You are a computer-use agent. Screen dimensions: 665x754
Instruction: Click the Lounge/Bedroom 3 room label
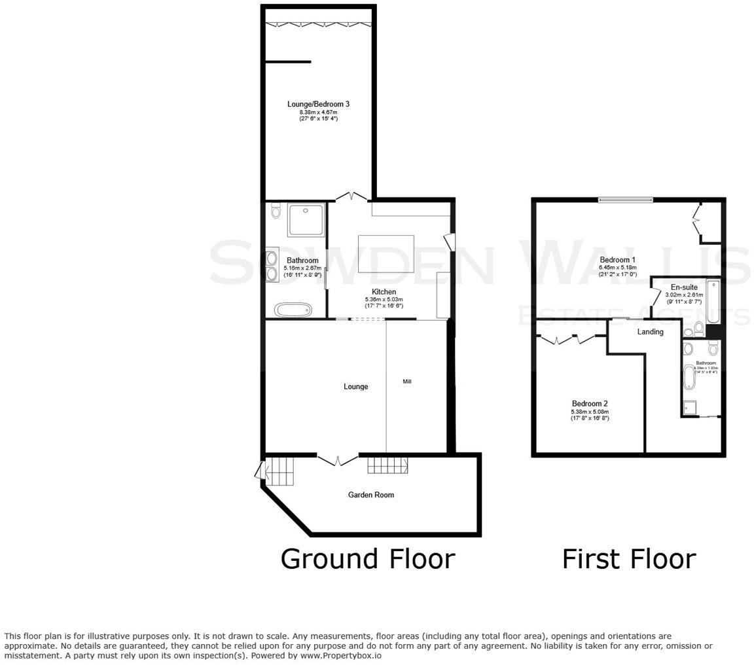click(x=318, y=104)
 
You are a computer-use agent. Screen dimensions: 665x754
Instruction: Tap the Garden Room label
click(x=370, y=495)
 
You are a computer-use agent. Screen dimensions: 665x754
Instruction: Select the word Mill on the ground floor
click(x=407, y=381)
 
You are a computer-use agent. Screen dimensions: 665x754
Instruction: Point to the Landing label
click(x=650, y=332)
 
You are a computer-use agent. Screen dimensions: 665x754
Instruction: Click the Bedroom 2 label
click(x=590, y=404)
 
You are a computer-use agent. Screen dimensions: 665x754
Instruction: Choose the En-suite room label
click(x=684, y=287)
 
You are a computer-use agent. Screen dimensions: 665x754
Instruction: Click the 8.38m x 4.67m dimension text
click(x=318, y=112)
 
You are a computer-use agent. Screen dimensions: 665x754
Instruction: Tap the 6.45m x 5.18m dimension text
click(x=617, y=268)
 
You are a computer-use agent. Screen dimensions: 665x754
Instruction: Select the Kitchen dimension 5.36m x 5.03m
click(x=384, y=300)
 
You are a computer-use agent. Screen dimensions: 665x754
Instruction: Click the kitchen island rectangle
click(x=386, y=253)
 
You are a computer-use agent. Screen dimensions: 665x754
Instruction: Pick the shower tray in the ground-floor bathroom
click(x=306, y=221)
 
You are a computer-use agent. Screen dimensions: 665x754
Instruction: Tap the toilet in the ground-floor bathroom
click(x=275, y=211)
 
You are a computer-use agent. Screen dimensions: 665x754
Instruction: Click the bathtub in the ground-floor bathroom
click(x=293, y=310)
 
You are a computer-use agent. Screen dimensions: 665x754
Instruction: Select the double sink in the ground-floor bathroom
click(x=272, y=265)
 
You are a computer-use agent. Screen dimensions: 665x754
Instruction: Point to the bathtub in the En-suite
click(x=713, y=302)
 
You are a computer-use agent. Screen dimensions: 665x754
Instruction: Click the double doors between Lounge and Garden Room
click(x=338, y=459)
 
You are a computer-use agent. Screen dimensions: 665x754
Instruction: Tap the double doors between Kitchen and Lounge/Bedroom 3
click(x=351, y=196)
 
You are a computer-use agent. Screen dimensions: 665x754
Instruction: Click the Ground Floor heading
click(x=367, y=559)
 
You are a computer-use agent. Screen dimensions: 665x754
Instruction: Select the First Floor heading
click(x=629, y=559)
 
